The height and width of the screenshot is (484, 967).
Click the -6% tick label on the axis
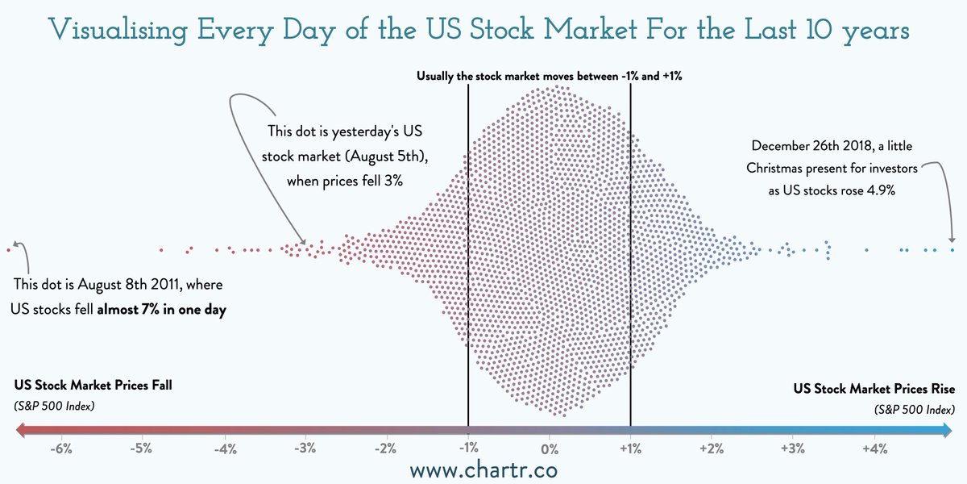[x=60, y=449]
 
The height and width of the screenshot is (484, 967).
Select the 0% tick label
[x=550, y=449]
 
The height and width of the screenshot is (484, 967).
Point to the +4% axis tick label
[x=874, y=449]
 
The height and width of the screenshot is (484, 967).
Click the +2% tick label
[x=712, y=449]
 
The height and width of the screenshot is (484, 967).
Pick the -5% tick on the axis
[x=142, y=449]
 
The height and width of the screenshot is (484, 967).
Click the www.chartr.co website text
[x=483, y=469]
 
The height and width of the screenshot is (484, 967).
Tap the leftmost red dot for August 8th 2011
[x=8, y=250]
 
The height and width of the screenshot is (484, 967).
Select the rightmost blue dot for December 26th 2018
[x=952, y=249]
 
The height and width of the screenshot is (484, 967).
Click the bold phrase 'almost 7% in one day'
[x=161, y=308]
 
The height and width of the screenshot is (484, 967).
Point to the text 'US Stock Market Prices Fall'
[x=93, y=386]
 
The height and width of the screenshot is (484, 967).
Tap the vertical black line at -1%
[x=468, y=242]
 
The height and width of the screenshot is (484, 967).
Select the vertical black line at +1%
[x=630, y=242]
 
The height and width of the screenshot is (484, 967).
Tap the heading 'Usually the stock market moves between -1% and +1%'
[x=550, y=76]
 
